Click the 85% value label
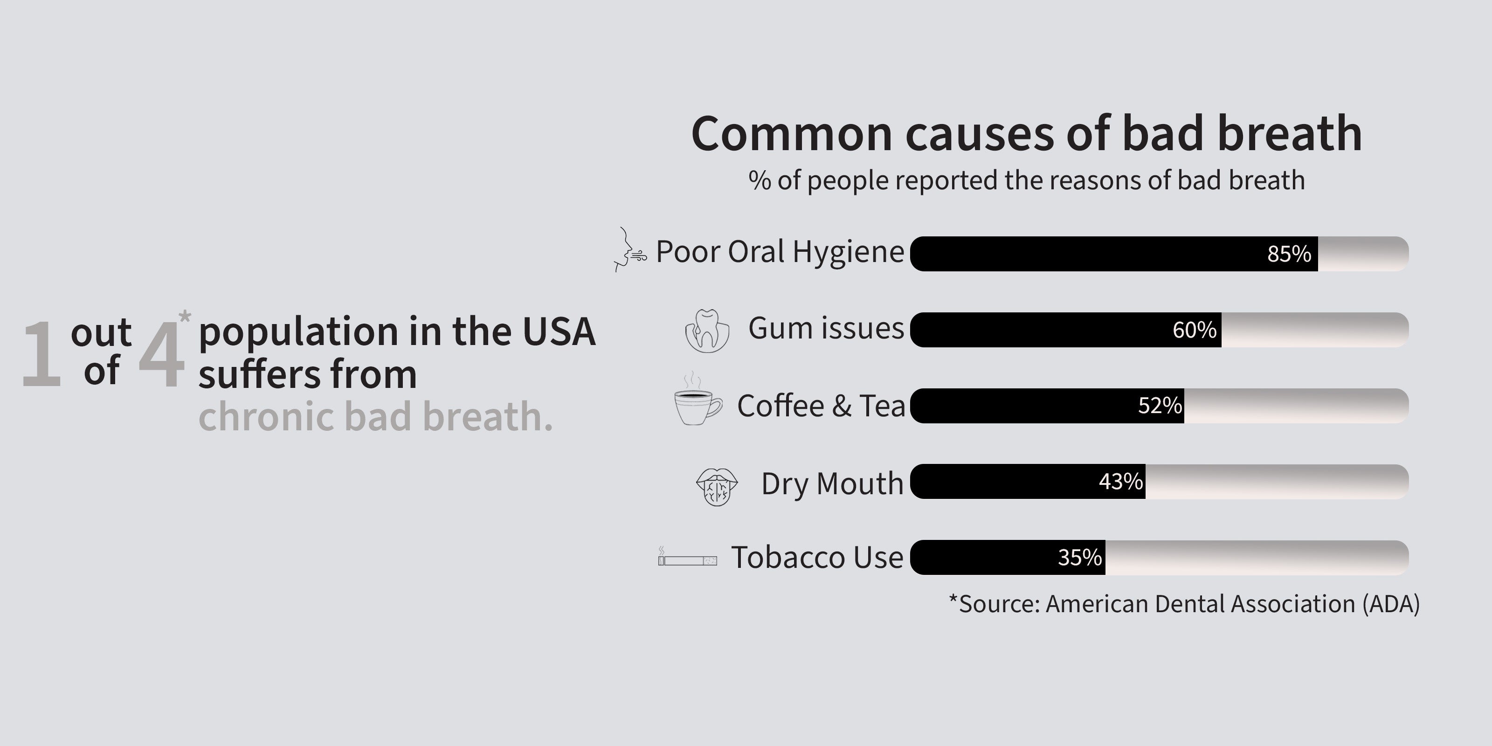coord(1289,254)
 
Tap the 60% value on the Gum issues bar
coord(1194,330)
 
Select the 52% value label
coord(1160,406)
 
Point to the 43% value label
coord(1121,481)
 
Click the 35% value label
coord(1080,557)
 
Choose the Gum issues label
coord(826,328)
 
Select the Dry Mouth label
coord(832,484)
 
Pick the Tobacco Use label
coord(817,557)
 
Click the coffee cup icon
coord(698,400)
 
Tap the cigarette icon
coord(688,557)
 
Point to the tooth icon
coord(707,331)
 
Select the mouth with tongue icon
coord(717,486)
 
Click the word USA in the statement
coord(559,332)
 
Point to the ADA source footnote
coord(1184,603)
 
